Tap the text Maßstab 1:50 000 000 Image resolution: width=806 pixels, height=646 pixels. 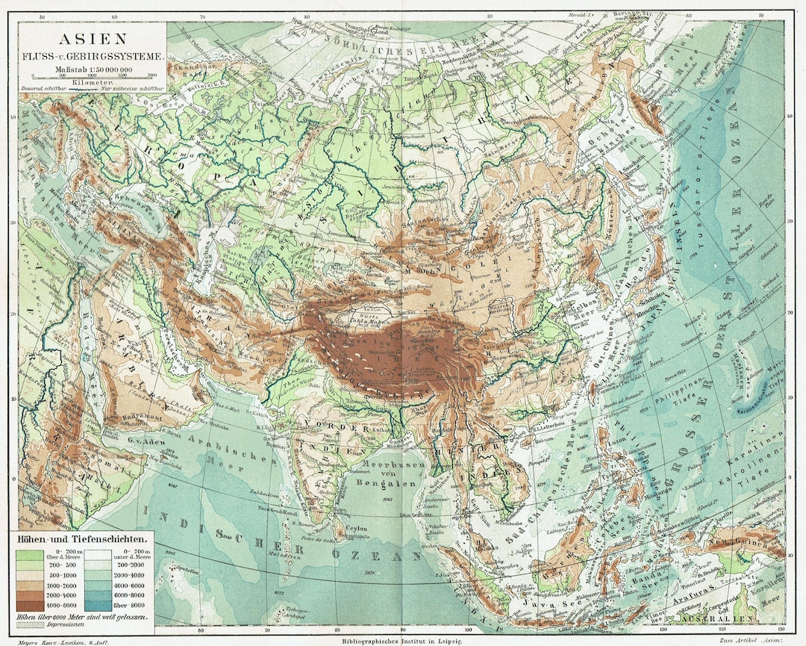pos(93,68)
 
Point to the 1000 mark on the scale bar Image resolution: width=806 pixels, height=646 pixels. pos(93,75)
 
